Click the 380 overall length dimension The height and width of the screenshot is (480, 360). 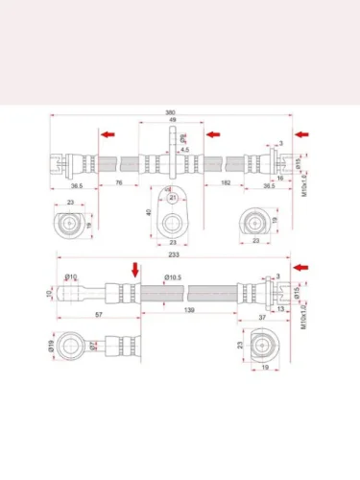pos(171,112)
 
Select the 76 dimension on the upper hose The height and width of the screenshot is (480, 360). pos(119,182)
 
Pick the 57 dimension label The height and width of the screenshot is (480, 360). pos(99,314)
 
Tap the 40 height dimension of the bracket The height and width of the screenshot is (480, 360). pos(150,213)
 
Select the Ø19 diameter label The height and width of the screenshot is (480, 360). pos(50,344)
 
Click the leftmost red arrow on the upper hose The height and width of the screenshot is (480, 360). pos(110,135)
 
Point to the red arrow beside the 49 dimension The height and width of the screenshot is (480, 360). pos(213,135)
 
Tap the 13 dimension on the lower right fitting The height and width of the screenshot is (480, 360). pos(281,309)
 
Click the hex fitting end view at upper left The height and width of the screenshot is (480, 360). pos(70,225)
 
